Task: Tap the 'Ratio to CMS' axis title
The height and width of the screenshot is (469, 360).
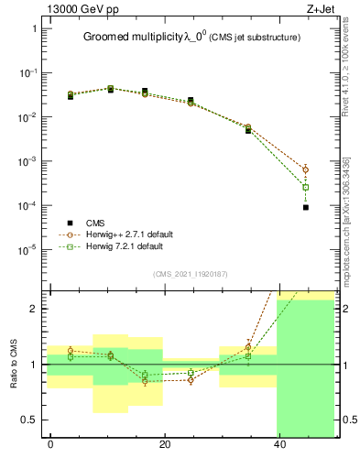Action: pos(14,365)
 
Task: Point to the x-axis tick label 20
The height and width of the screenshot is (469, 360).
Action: pos(165,446)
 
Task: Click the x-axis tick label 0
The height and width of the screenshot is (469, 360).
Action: pos(50,446)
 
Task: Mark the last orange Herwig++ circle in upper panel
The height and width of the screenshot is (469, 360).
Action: pos(306,169)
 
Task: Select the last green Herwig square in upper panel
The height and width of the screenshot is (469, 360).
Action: pos(306,188)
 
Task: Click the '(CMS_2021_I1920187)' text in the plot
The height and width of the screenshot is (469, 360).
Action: pos(191,272)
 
